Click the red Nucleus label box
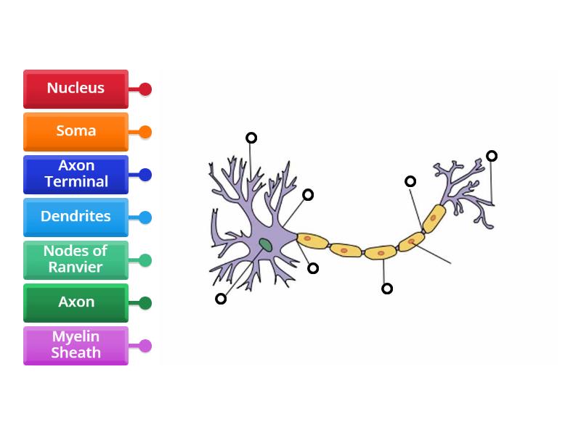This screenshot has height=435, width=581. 76,88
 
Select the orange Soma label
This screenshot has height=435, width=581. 76,131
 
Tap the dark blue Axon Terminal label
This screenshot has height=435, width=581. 76,174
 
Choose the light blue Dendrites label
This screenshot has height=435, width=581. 76,217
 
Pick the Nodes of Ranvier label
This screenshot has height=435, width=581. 76,260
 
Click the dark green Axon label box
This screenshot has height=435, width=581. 76,302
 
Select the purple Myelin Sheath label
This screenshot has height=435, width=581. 76,345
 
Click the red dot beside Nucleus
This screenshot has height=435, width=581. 145,89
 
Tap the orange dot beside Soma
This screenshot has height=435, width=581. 145,132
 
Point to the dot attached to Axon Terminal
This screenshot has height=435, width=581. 145,175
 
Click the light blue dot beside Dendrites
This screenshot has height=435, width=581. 145,217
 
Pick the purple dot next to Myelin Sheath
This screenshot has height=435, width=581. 145,346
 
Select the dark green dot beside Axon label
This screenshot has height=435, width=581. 145,303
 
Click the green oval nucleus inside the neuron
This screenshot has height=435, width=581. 266,245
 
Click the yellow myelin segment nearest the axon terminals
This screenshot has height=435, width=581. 434,217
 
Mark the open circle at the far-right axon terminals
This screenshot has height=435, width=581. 492,156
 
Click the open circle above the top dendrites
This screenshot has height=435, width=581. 251,138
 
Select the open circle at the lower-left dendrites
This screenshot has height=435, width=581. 221,299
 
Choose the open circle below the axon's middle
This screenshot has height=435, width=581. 387,289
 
